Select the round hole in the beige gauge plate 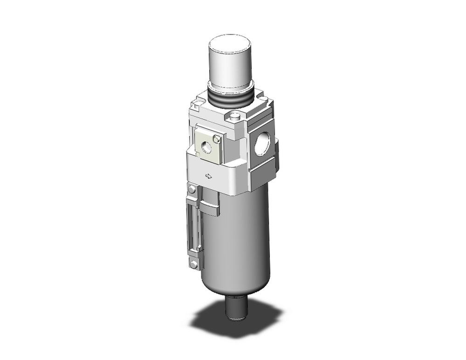click(x=205, y=146)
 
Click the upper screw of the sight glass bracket click(x=192, y=189)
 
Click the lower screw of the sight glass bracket click(x=193, y=264)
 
